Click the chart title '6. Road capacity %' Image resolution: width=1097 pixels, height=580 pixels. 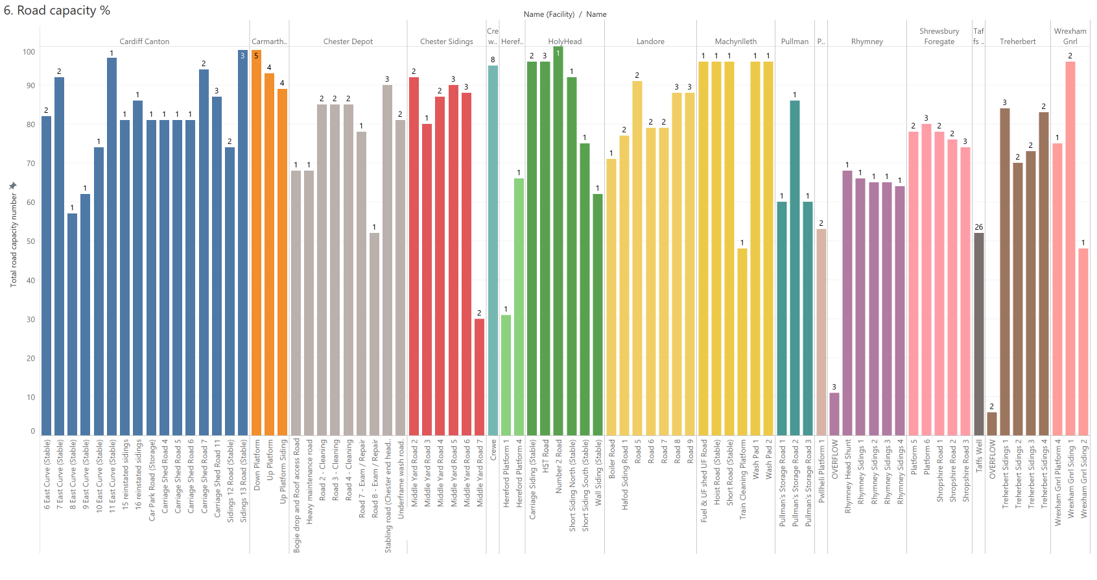(x=57, y=11)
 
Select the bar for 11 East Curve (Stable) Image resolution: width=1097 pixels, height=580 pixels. (x=112, y=247)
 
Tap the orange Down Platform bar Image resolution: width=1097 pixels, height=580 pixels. (x=256, y=243)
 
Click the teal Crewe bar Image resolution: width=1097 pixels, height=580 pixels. (x=493, y=250)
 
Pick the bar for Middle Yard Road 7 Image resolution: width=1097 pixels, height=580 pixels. (x=479, y=377)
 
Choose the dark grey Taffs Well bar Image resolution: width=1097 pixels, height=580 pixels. (x=979, y=334)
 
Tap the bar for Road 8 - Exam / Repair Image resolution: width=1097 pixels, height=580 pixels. (x=374, y=334)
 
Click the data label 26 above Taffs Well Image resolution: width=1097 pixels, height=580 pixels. (x=979, y=227)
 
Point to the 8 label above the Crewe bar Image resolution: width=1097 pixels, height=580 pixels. (x=493, y=60)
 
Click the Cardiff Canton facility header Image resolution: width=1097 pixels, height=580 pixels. (x=145, y=42)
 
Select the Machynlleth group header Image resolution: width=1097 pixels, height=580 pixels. (x=736, y=42)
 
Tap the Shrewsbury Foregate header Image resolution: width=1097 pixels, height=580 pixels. (x=939, y=36)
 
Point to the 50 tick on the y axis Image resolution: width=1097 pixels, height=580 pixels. (x=30, y=241)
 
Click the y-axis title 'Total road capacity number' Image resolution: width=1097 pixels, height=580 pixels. (x=14, y=240)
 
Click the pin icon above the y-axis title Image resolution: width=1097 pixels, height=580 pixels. (x=12, y=186)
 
